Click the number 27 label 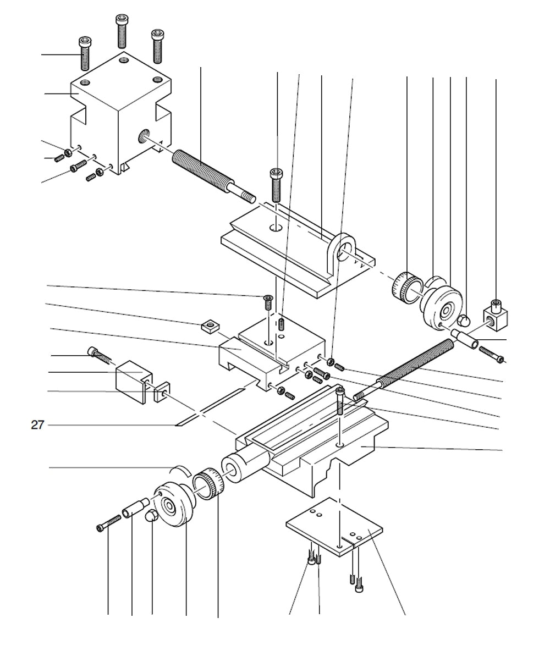click(37, 424)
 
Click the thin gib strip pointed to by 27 click(209, 407)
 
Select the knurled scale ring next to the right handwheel click(406, 286)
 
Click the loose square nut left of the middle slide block click(208, 327)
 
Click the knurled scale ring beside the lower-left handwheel click(210, 484)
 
